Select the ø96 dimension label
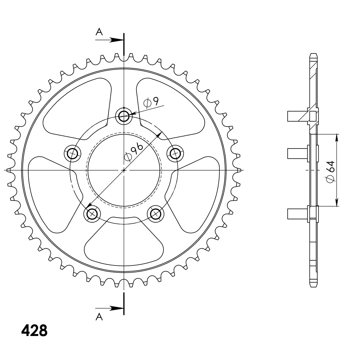[133, 151]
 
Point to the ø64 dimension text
[331, 172]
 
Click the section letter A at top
[99, 32]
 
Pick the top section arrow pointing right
[109, 40]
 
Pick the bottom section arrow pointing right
[109, 308]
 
